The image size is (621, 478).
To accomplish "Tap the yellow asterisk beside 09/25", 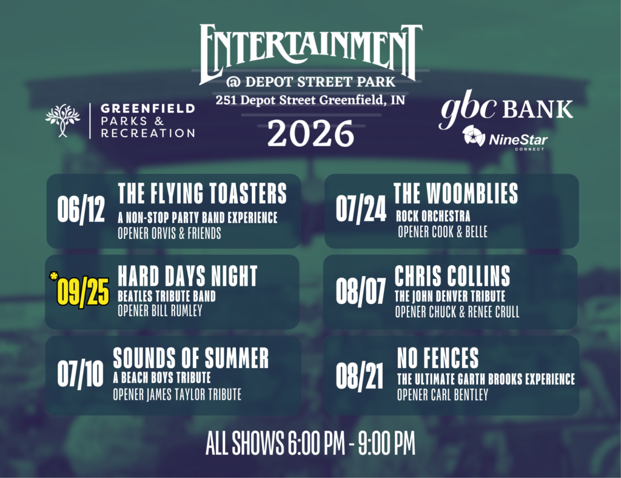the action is (53, 276).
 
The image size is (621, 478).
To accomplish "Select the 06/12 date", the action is (81, 209).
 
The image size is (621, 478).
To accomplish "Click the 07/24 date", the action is (361, 209).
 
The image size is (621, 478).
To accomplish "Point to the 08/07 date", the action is (360, 291).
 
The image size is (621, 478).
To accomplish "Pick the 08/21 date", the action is (360, 375).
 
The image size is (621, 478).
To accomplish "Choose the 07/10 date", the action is (81, 374).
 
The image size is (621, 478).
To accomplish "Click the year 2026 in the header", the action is (310, 134).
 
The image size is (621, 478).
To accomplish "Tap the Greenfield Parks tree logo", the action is (62, 120).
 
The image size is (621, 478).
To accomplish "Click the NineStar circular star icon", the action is (474, 136).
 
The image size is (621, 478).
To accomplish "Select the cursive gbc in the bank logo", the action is (468, 108).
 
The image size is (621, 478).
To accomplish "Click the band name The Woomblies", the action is (455, 194).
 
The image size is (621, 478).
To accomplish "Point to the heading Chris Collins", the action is (452, 275).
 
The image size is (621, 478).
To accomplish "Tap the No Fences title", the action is (438, 358).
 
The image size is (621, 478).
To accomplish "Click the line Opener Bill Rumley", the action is (160, 311).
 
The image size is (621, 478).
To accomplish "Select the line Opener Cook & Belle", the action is (443, 232).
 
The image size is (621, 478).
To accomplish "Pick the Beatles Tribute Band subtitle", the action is (167, 296).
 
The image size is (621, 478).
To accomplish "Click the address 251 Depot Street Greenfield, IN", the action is (310, 100).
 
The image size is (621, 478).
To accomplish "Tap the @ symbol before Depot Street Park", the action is (233, 82).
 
